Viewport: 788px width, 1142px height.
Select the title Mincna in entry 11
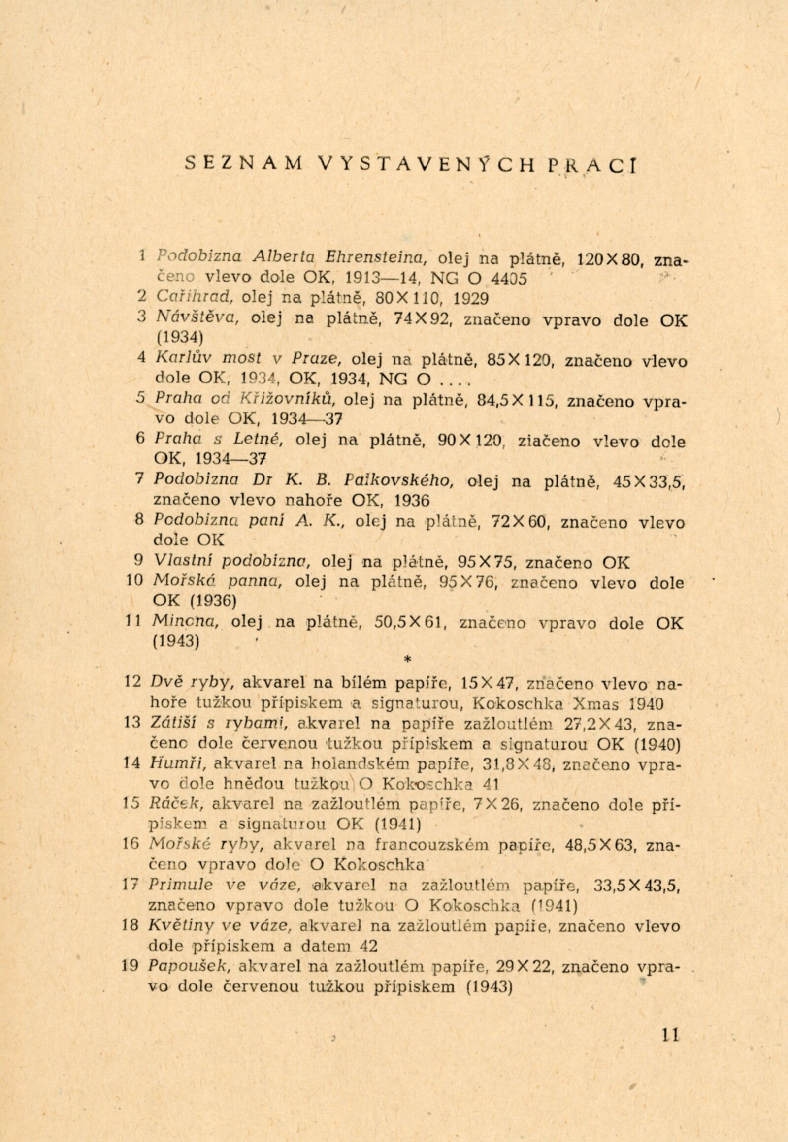(x=186, y=623)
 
